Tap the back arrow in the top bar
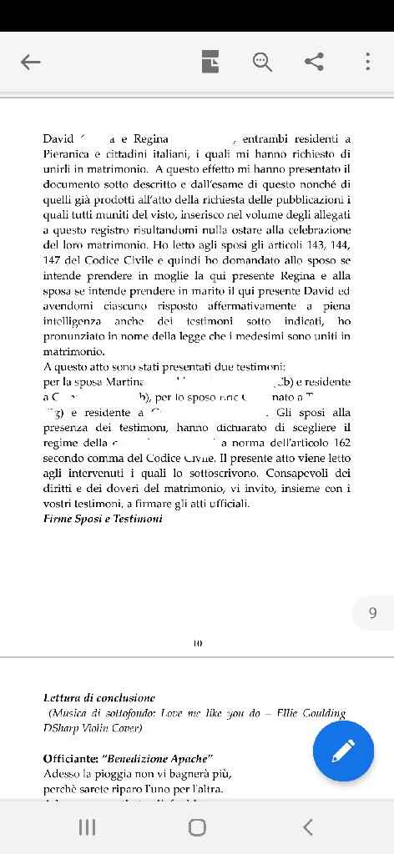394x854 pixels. [x=31, y=62]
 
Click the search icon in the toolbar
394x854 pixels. [x=262, y=62]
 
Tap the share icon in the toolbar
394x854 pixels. [x=315, y=62]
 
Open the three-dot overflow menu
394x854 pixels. [x=367, y=62]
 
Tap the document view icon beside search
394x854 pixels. [x=210, y=62]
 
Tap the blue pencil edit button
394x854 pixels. [x=343, y=751]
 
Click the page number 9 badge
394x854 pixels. [x=372, y=613]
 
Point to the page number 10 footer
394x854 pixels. [x=197, y=643]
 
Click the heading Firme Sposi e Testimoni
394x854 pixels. [x=103, y=519]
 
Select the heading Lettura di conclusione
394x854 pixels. [x=99, y=698]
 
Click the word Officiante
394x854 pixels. [x=70, y=759]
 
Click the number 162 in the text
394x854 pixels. [x=341, y=443]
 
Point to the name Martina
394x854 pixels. [x=124, y=382]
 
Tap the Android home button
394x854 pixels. [x=197, y=826]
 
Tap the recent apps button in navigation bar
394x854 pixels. [x=87, y=826]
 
